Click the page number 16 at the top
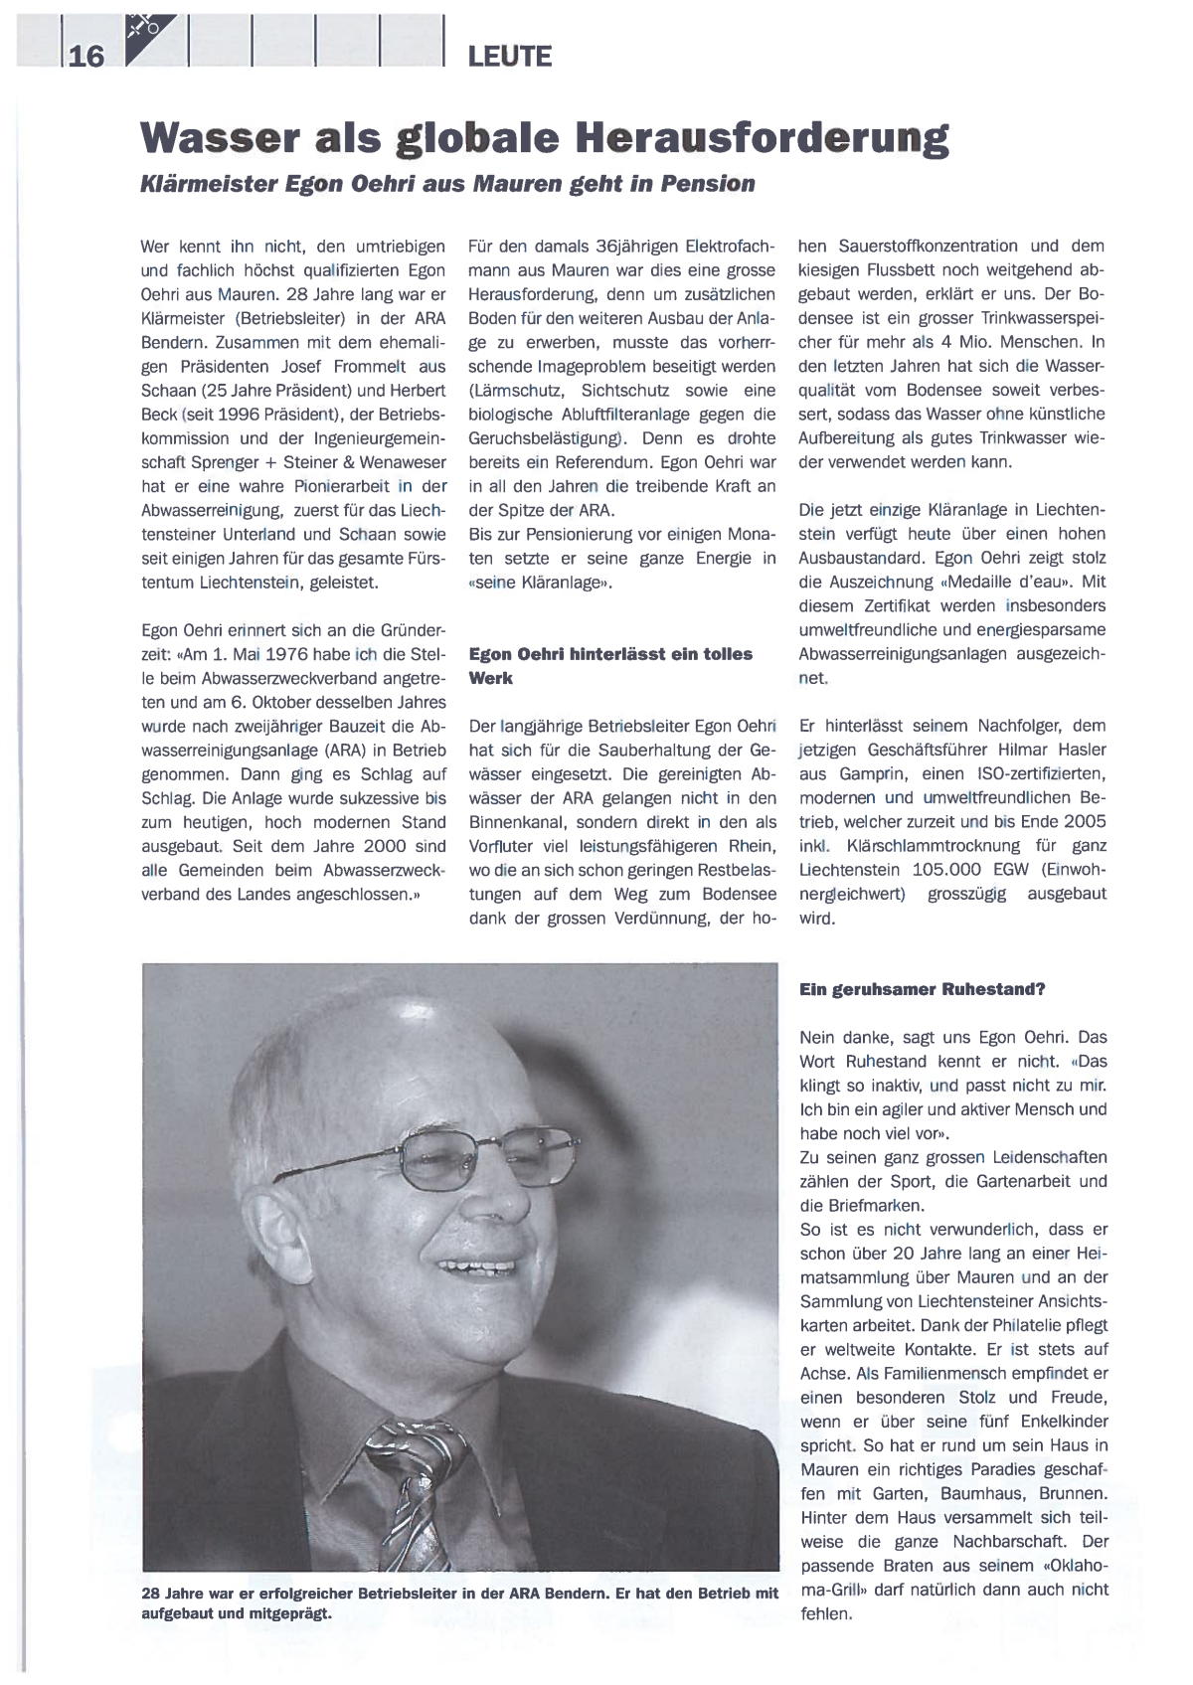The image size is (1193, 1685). (x=86, y=56)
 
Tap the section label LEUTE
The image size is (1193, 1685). (x=509, y=57)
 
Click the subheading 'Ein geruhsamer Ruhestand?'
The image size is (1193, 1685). (x=922, y=990)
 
